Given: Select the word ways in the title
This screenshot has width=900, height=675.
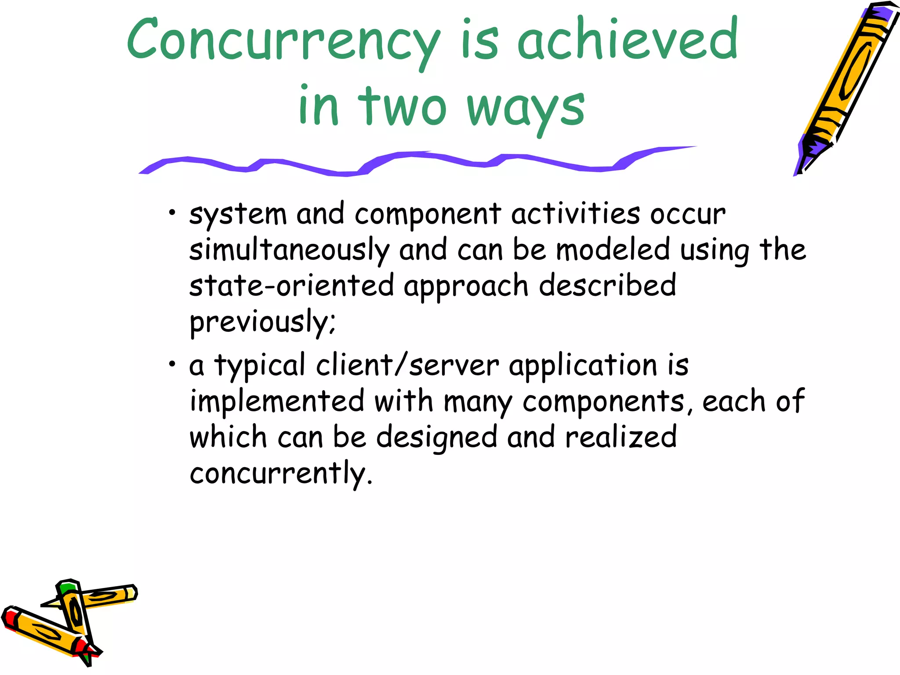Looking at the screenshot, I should point(525,108).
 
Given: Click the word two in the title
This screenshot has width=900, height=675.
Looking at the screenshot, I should point(403,105).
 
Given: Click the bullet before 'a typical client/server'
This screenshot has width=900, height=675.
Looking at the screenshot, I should point(172,364).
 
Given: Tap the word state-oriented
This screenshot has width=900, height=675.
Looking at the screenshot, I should point(291,286).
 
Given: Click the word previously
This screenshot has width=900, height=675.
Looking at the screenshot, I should point(262,322).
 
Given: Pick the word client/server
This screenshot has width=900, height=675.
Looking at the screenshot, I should point(407,366).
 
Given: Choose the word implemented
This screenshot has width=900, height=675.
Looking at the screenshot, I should point(277,401).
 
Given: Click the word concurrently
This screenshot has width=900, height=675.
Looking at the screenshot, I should point(280,474).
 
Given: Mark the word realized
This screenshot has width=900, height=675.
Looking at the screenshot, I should point(621,437).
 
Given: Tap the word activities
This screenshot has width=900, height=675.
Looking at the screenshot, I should point(575,214).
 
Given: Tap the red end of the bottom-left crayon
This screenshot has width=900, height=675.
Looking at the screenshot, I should point(10,616).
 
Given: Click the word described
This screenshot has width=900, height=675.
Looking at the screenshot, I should point(607,286).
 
